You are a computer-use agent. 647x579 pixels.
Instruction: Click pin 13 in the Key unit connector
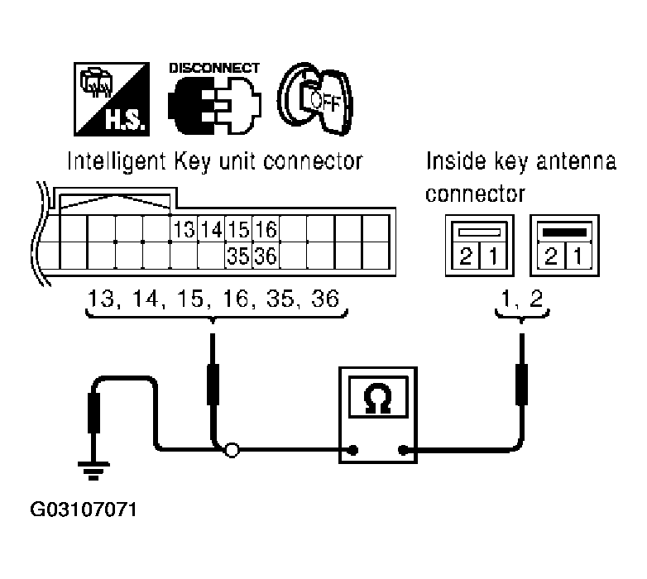(185, 228)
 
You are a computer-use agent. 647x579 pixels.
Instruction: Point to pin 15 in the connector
(239, 228)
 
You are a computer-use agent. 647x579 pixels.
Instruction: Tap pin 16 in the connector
(266, 228)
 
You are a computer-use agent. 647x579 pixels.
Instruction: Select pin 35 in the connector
(239, 255)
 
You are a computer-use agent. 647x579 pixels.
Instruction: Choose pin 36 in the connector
(266, 255)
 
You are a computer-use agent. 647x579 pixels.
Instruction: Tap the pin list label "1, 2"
(521, 300)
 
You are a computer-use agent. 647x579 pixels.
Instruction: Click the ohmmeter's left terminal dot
(353, 451)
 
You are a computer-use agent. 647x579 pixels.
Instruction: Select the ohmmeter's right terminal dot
(403, 451)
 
